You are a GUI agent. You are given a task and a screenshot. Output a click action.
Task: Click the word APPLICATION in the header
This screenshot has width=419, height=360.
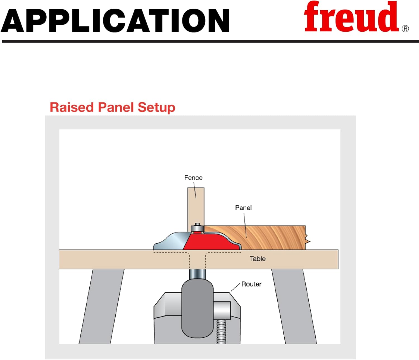[115, 21]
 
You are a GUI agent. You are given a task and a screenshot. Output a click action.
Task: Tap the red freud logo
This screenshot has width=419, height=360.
[351, 17]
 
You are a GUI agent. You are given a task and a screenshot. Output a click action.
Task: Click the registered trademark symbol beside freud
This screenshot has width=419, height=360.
[405, 29]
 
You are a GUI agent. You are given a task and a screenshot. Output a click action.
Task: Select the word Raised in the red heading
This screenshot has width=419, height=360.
[72, 107]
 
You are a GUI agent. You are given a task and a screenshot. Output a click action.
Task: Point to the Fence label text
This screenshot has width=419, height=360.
[193, 178]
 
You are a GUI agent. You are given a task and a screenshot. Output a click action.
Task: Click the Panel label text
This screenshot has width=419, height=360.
[243, 208]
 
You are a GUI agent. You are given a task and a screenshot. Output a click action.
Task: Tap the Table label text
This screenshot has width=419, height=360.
[258, 259]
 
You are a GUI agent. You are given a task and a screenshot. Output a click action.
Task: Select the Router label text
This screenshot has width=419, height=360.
[251, 284]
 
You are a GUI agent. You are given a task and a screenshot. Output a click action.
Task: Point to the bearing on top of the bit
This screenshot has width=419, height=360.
[197, 227]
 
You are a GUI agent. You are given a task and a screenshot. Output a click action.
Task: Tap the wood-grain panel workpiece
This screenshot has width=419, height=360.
[274, 238]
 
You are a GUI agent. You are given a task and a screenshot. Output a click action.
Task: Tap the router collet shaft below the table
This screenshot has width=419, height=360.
[197, 274]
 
